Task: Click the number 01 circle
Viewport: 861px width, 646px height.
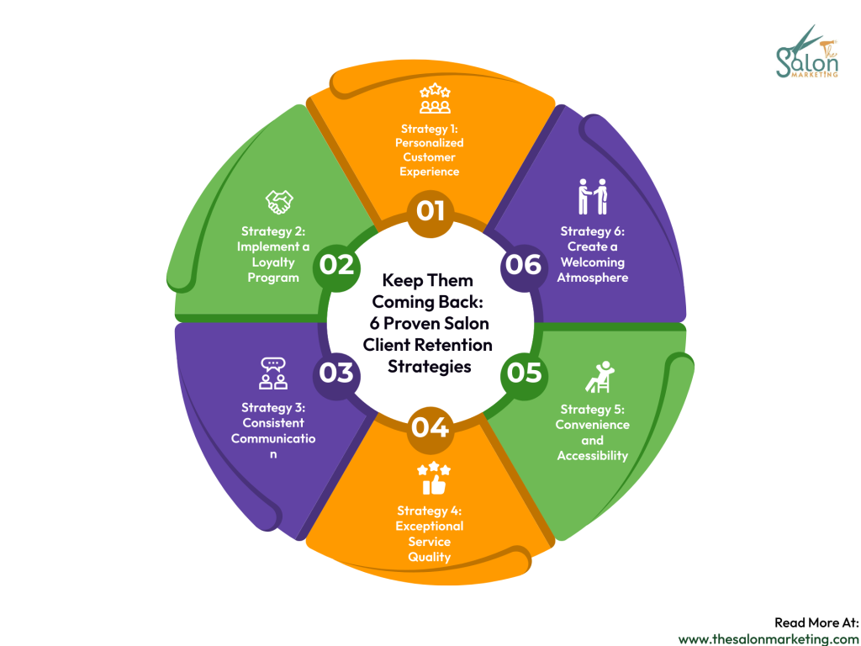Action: click(430, 210)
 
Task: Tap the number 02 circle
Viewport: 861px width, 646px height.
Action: click(336, 265)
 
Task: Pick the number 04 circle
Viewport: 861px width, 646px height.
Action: click(430, 427)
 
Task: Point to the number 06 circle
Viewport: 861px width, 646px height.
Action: click(523, 265)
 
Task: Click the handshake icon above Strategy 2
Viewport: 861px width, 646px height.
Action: click(279, 202)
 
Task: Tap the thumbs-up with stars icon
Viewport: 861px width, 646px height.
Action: click(434, 479)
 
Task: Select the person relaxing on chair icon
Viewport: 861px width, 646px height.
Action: click(598, 376)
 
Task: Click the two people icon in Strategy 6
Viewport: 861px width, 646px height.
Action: click(592, 196)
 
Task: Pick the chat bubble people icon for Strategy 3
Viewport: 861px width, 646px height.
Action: click(272, 373)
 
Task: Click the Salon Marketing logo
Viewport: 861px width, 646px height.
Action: click(807, 52)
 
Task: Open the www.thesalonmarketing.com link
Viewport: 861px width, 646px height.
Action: click(769, 638)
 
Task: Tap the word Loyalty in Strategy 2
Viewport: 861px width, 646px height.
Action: click(273, 262)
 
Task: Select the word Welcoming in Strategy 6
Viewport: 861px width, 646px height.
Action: click(592, 262)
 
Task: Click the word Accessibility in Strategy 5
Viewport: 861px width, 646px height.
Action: click(592, 456)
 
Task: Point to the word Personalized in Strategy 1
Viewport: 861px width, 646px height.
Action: click(430, 142)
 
